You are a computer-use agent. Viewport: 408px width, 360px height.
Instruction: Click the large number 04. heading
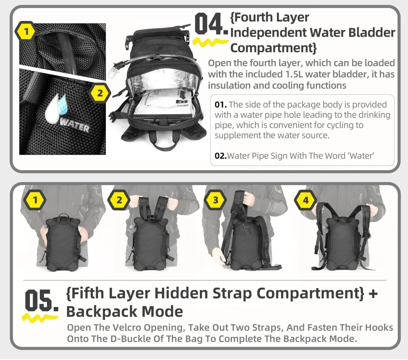pos(211,24)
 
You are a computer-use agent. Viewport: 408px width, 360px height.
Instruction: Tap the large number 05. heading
pos(41,302)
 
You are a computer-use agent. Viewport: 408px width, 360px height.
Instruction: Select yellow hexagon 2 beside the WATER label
pos(100,93)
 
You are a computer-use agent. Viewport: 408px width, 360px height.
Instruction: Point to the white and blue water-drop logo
pos(55,108)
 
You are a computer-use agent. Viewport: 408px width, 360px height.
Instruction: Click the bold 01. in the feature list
pos(221,105)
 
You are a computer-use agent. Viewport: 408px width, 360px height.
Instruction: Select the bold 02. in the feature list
pos(221,156)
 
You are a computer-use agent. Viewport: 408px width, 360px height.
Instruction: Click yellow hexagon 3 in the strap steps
pos(216,200)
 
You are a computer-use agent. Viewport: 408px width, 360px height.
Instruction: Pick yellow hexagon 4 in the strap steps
pos(306,200)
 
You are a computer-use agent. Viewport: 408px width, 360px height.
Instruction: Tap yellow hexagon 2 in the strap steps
pos(119,200)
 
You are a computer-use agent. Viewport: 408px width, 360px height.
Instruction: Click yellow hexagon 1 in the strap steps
pos(35,200)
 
